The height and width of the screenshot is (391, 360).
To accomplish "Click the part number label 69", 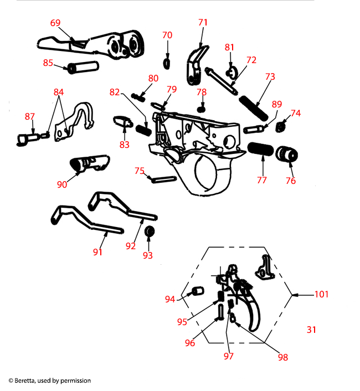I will click(x=55, y=23).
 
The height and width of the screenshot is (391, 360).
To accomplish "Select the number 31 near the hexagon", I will click(x=311, y=330).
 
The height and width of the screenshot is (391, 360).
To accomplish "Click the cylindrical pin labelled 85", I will click(x=82, y=68).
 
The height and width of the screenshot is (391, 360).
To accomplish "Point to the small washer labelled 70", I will click(x=167, y=60).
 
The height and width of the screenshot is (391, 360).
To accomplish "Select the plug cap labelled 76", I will click(x=287, y=155).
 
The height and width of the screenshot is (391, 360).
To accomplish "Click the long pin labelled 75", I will click(x=163, y=178).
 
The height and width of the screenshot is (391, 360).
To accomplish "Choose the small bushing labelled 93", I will click(x=148, y=231).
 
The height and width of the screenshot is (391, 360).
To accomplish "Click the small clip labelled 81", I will click(x=232, y=71).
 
